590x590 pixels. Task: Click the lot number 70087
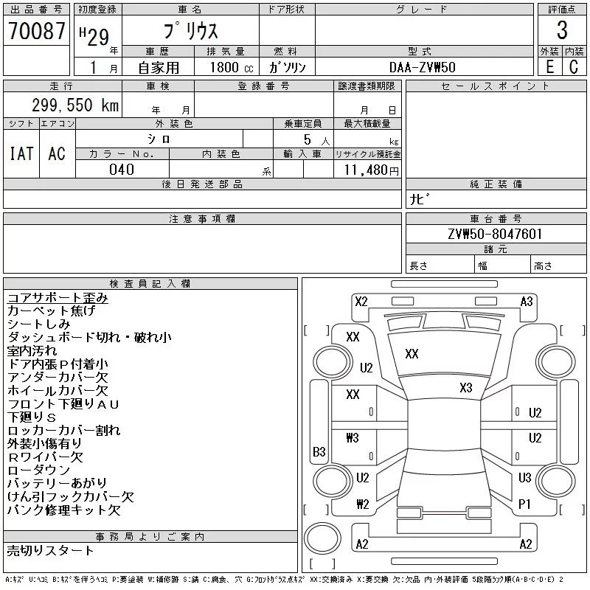36,31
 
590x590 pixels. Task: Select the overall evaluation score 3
562,31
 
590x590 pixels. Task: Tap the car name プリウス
190,32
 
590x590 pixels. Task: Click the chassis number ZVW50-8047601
496,234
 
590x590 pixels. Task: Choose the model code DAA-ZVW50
423,67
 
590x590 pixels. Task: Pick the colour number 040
122,170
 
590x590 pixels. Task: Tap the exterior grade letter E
549,67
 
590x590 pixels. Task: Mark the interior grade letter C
574,67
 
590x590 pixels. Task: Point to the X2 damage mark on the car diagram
361,301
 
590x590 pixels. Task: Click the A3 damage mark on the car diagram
527,301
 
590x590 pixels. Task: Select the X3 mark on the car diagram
465,387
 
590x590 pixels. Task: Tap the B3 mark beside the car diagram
319,451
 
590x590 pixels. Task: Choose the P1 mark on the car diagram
525,504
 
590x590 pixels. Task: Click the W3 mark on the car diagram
352,438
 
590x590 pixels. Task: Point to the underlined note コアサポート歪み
58,298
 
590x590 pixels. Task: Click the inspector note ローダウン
38,471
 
